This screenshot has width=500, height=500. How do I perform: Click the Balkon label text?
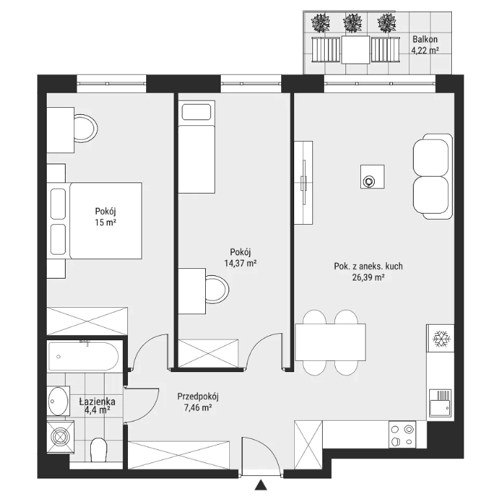click(425, 40)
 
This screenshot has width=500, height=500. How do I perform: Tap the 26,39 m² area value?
click(368, 277)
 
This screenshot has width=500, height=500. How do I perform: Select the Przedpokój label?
click(198, 397)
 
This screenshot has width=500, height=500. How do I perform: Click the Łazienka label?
click(97, 402)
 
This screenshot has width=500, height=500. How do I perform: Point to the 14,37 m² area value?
click(241, 264)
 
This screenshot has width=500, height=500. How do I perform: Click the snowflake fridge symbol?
click(442, 339)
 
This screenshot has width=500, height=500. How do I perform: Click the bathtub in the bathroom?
click(83, 356)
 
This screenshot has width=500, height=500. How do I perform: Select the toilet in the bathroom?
click(99, 449)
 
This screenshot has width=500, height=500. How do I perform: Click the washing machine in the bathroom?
click(60, 436)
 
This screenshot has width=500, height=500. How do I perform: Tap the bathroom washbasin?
click(58, 401)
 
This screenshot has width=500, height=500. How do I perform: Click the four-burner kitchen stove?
click(403, 434)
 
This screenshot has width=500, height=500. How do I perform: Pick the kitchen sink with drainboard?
click(440, 403)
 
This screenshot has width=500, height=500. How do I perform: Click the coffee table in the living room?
click(372, 177)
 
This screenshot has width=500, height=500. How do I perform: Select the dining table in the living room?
click(331, 342)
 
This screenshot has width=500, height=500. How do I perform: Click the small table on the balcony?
click(356, 49)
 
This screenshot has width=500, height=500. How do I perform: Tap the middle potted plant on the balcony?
click(353, 22)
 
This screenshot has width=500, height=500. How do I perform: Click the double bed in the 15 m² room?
click(96, 220)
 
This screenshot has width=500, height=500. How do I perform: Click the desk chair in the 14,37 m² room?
click(217, 290)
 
